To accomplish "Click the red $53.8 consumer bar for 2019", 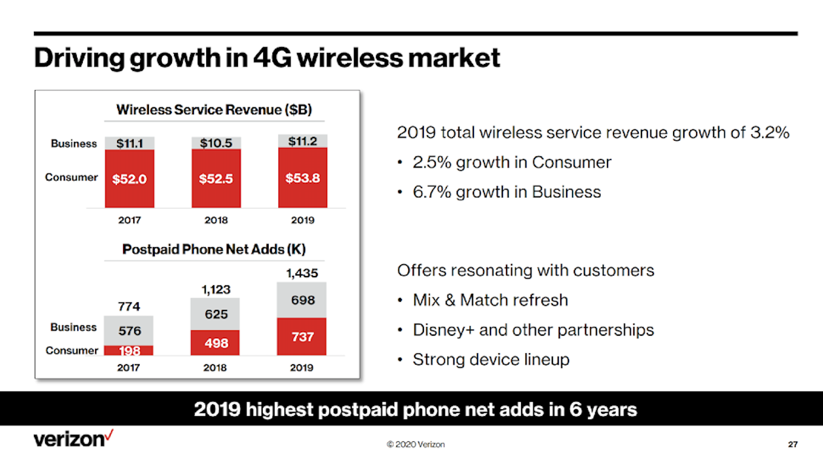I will (302, 178).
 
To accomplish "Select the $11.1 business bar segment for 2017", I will (129, 143).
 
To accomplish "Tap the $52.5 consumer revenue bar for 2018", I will (216, 178).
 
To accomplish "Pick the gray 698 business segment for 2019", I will (302, 300).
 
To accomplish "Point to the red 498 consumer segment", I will (215, 343).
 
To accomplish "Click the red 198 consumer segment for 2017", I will (129, 351).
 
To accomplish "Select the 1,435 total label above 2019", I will (302, 273).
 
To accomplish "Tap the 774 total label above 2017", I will (129, 306).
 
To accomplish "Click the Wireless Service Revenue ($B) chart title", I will (214, 110).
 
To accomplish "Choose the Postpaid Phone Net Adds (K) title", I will (214, 249).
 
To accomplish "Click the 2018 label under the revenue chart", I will (216, 220).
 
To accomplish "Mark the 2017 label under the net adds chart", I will (128, 368).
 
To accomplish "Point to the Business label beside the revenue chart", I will (74, 143).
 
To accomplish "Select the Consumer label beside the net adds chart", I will (72, 350).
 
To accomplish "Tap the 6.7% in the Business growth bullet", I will (431, 192).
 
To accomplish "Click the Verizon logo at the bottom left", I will (73, 438).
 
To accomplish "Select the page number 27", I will (792, 444).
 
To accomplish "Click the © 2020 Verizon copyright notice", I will (415, 444).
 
